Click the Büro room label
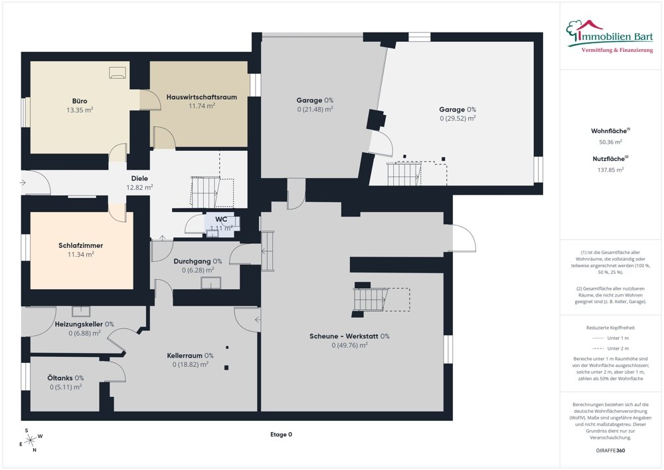point(80,101)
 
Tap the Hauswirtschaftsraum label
point(202,97)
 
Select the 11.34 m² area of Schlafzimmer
point(81,255)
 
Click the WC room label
point(221,219)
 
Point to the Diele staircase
point(205,192)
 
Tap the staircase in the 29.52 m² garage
point(404,174)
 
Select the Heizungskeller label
point(79,324)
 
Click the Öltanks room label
point(60,378)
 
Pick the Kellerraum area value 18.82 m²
point(191,364)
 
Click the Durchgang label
point(192,261)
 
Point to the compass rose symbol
point(31,440)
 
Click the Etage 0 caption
point(281,434)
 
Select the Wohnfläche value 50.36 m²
point(611,142)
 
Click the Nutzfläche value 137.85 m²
point(611,170)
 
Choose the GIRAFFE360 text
point(610,450)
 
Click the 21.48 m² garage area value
point(315,109)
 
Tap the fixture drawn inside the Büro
point(118,72)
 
